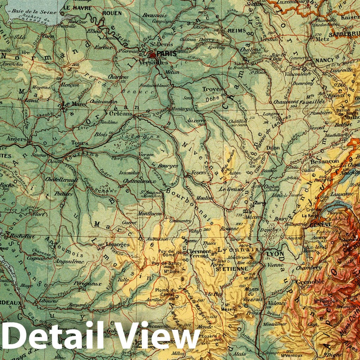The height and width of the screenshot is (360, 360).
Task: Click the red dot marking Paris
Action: pos(152,55)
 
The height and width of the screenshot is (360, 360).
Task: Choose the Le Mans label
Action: pos(71,104)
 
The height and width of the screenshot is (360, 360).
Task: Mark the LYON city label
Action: pos(275,254)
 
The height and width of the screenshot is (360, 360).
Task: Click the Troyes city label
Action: pos(213,90)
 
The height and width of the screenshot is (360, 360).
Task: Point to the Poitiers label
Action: pos(64,194)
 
